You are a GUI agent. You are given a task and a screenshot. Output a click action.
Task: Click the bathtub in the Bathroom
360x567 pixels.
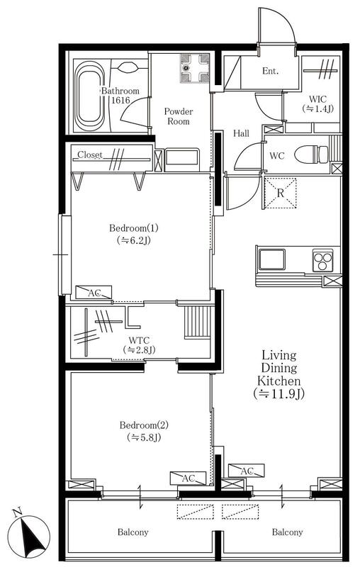point(88,96)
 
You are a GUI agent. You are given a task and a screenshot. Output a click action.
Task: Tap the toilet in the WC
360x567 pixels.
point(311,155)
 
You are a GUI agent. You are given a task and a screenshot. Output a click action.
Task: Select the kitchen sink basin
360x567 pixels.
point(272,259)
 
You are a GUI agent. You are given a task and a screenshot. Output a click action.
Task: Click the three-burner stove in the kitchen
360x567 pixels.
point(322,260)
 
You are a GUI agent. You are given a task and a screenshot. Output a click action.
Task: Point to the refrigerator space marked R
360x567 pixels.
point(281,193)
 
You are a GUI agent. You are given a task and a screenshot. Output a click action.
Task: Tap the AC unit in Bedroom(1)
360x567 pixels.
point(94,292)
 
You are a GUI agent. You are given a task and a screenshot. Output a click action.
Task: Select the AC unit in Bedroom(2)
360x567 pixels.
point(188,478)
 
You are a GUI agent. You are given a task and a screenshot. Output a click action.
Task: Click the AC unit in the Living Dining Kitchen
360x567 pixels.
point(247,471)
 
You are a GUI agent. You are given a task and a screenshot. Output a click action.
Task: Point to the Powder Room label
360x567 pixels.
point(179,116)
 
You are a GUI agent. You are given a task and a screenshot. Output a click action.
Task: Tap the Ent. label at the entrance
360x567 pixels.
point(271,71)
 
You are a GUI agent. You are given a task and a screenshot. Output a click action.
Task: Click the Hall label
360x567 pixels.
point(241,133)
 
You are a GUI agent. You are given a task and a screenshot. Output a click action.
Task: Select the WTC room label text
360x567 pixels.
point(139,340)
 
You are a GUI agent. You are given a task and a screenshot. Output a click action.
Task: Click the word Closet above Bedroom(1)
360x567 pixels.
point(90,155)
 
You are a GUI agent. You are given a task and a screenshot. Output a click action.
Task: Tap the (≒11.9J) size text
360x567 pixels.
point(279,393)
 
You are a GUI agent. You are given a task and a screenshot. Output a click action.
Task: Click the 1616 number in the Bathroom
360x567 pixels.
point(120,100)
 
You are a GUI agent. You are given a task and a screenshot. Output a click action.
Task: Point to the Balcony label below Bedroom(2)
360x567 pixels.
point(133,532)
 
